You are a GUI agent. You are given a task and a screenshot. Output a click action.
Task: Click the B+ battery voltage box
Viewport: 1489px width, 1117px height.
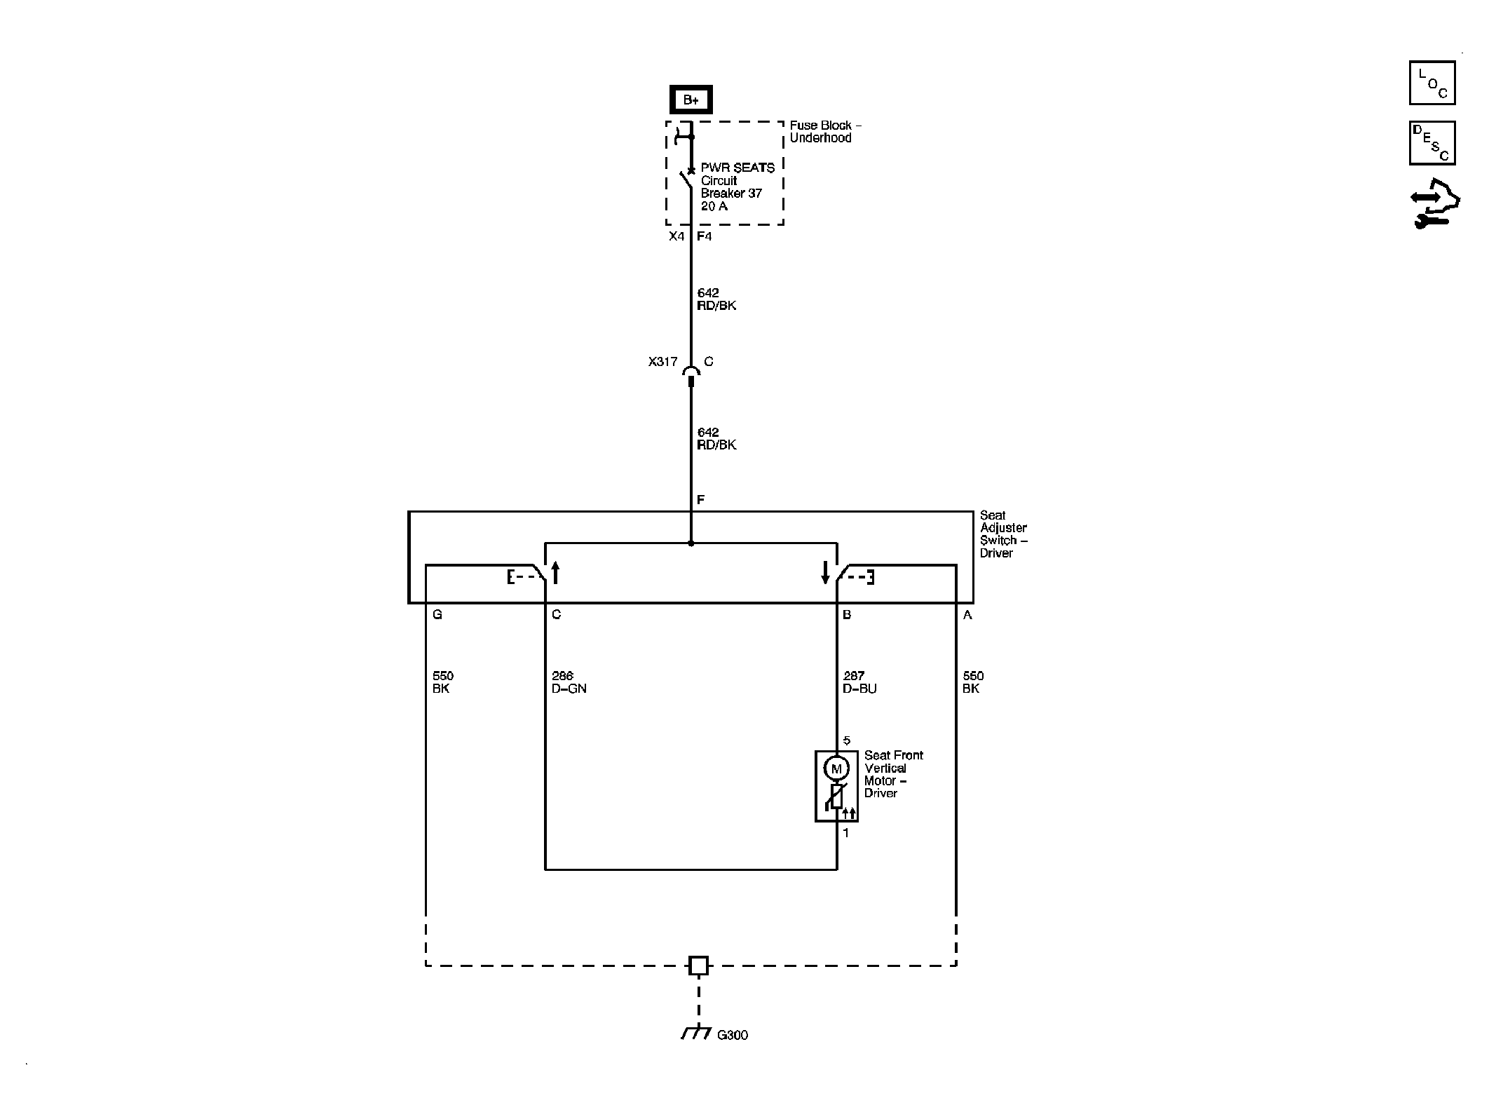tap(691, 100)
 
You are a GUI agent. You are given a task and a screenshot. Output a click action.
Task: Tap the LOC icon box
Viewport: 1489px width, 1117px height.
tap(1432, 83)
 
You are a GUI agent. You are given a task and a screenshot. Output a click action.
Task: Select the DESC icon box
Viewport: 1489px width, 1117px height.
tap(1432, 143)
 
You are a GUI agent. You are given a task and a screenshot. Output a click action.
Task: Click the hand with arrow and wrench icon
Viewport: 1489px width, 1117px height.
tap(1434, 204)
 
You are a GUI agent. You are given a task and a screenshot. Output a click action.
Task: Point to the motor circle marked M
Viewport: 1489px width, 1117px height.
tap(836, 769)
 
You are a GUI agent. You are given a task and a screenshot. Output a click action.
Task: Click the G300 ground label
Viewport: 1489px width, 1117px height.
tap(733, 1035)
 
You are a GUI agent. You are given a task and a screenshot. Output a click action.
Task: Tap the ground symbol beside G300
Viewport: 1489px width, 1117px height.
tap(695, 1032)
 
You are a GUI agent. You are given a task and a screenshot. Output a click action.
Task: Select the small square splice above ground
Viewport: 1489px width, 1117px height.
tap(698, 966)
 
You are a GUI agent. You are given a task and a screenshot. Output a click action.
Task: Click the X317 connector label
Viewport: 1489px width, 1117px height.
tap(662, 362)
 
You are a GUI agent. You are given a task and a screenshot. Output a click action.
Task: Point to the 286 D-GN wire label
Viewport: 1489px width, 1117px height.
tap(569, 682)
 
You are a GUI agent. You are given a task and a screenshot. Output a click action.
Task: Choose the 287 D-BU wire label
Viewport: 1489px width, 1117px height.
tap(859, 682)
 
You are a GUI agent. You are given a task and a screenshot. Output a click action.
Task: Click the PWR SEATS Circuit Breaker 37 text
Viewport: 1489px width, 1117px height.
tap(737, 187)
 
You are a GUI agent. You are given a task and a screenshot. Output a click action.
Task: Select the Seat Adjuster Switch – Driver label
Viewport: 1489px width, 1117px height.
tap(1004, 534)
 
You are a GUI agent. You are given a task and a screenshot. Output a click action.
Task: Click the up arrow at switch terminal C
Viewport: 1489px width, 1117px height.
tap(556, 572)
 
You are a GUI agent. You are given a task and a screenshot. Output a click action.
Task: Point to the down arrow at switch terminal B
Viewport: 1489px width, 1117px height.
tap(825, 572)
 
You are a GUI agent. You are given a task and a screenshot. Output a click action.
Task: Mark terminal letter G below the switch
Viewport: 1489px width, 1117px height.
tap(437, 615)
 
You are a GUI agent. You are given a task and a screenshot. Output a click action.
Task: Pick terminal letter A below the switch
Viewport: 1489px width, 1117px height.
tap(968, 615)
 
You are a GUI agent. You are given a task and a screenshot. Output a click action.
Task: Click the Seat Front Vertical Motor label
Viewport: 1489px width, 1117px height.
tap(894, 774)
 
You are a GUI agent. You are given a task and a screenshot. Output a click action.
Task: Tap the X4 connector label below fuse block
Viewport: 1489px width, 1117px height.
tap(676, 236)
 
